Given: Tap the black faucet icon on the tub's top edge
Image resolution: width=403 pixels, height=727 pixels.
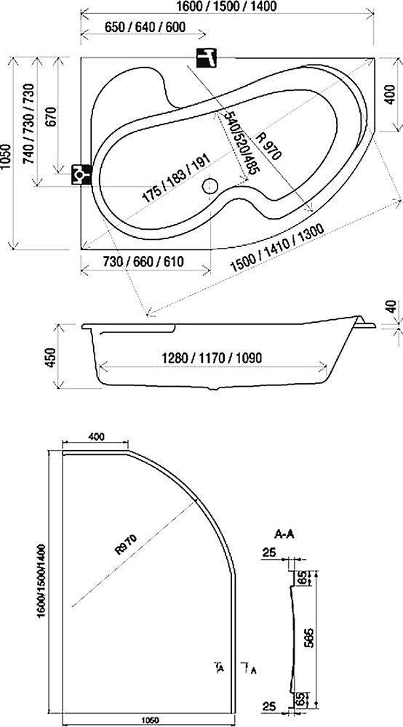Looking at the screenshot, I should [207, 57].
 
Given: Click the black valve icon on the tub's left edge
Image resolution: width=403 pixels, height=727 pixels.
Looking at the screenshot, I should [81, 174].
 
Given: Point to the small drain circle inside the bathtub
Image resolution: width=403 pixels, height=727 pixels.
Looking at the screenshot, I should [210, 187].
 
